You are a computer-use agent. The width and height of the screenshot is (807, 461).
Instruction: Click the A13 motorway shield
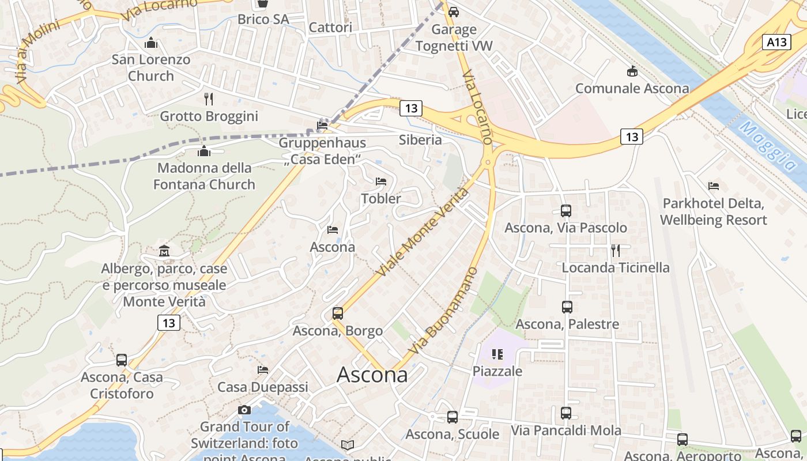pos(776,42)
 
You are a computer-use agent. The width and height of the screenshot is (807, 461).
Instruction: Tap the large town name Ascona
pos(372,375)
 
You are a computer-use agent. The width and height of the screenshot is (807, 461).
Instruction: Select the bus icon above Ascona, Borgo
pos(338,313)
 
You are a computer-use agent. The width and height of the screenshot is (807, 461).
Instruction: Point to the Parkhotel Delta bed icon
pos(714,186)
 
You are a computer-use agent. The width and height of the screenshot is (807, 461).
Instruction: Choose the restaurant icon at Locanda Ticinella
pos(616,250)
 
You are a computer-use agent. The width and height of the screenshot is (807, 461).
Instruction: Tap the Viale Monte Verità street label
pos(422,232)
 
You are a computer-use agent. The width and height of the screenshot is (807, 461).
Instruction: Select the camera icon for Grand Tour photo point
pos(244,410)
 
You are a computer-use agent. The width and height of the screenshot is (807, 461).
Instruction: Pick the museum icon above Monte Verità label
pos(164,251)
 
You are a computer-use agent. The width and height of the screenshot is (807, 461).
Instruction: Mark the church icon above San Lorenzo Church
pos(151,43)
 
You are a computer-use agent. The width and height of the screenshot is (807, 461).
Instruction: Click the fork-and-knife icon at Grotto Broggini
pos(209,99)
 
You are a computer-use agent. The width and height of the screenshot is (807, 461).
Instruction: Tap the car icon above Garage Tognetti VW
pos(454,12)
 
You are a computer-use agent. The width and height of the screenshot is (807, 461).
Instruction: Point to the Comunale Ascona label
pos(632,89)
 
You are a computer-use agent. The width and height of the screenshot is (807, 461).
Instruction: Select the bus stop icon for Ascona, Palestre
pos(567,307)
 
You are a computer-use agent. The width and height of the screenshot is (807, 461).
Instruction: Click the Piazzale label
pos(497,371)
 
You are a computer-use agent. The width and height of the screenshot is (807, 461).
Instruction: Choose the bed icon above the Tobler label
pos(380,182)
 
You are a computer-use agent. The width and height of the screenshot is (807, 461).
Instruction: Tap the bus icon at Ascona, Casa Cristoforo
pos(122,360)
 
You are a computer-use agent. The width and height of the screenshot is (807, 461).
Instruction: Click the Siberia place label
pos(420,140)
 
